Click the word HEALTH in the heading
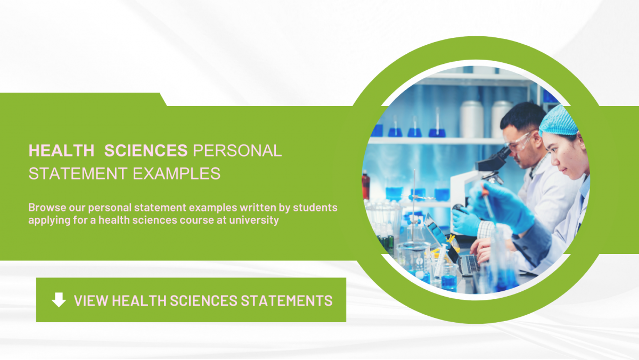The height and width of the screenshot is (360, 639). point(61,151)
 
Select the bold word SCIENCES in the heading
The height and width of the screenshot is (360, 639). point(146,151)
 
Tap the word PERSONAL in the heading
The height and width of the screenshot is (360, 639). point(237,151)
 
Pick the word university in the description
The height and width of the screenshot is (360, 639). point(254,219)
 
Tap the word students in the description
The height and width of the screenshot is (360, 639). point(318,207)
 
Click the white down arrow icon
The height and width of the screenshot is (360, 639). point(59,300)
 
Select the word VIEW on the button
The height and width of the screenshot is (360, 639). point(91,300)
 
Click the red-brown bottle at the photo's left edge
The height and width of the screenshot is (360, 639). point(366,184)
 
